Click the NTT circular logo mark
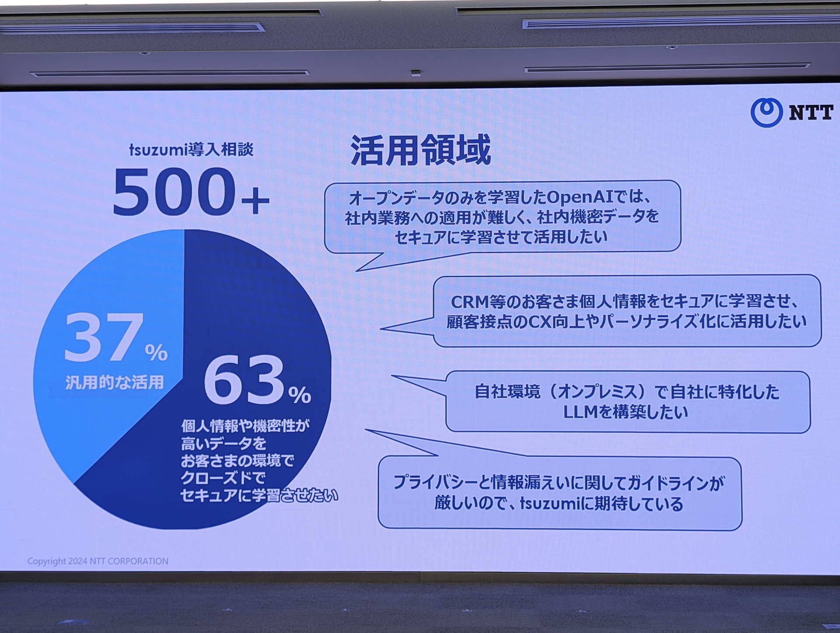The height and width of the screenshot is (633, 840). coord(766,113)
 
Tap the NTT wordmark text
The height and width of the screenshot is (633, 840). coord(811,113)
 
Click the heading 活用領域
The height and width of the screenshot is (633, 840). coord(420,150)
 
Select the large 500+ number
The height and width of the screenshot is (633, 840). coord(191,192)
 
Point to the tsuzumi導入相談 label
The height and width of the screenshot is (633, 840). coord(191,150)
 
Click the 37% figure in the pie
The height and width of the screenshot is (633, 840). coord(116,338)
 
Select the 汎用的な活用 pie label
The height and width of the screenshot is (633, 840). coord(115,383)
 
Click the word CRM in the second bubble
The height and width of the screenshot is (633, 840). coord(469,302)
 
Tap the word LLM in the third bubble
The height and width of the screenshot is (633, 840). coord(581,412)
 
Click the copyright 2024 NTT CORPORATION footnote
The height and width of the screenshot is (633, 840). coord(98,561)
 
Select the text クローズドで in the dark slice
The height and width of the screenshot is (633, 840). coord(223,478)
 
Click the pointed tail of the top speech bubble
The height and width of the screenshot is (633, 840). coord(357,271)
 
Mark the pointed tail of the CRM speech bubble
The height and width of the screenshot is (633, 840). coord(381,328)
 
